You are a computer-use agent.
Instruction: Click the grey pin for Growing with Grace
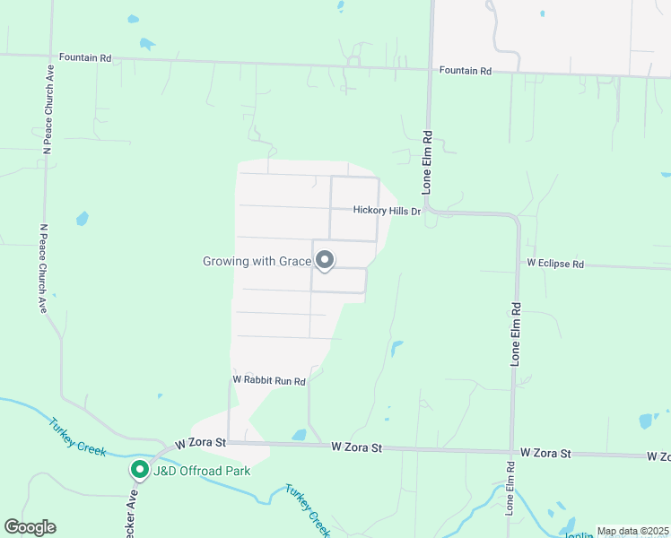point(326,260)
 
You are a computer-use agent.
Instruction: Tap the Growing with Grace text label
point(257,262)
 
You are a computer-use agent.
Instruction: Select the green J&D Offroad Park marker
point(139,469)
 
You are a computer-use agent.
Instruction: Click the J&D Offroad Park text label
point(201,470)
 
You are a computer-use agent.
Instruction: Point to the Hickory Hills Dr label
point(387,211)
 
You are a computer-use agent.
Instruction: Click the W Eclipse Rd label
point(555,265)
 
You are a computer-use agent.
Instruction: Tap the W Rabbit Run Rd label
point(269,381)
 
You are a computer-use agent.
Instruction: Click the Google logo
point(30,527)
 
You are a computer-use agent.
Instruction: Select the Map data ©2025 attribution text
point(632,531)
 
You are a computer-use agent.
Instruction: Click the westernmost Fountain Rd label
point(85,57)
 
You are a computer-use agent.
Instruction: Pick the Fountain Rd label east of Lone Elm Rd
point(466,70)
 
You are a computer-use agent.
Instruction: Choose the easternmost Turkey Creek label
point(308,509)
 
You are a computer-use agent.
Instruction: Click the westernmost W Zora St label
point(202,443)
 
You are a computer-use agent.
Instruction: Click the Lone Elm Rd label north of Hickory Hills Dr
point(428,163)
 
